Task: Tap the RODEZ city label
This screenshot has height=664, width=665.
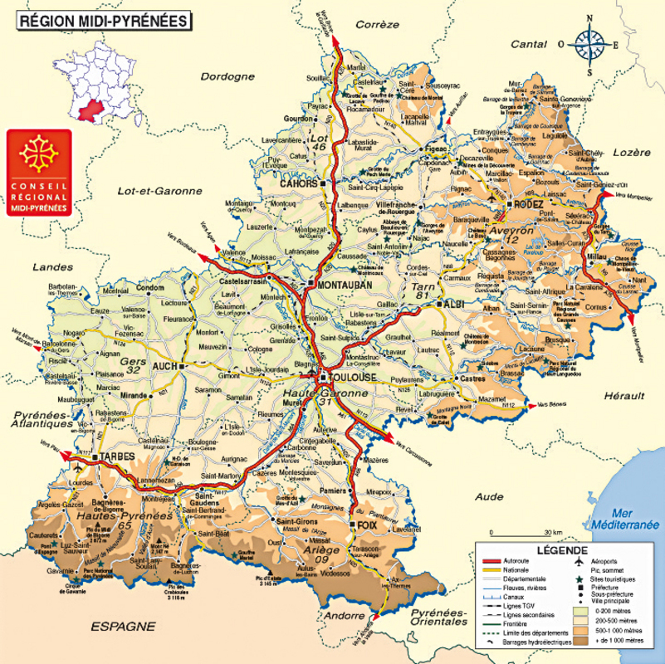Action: point(527,203)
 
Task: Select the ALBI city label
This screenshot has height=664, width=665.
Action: point(453,305)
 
